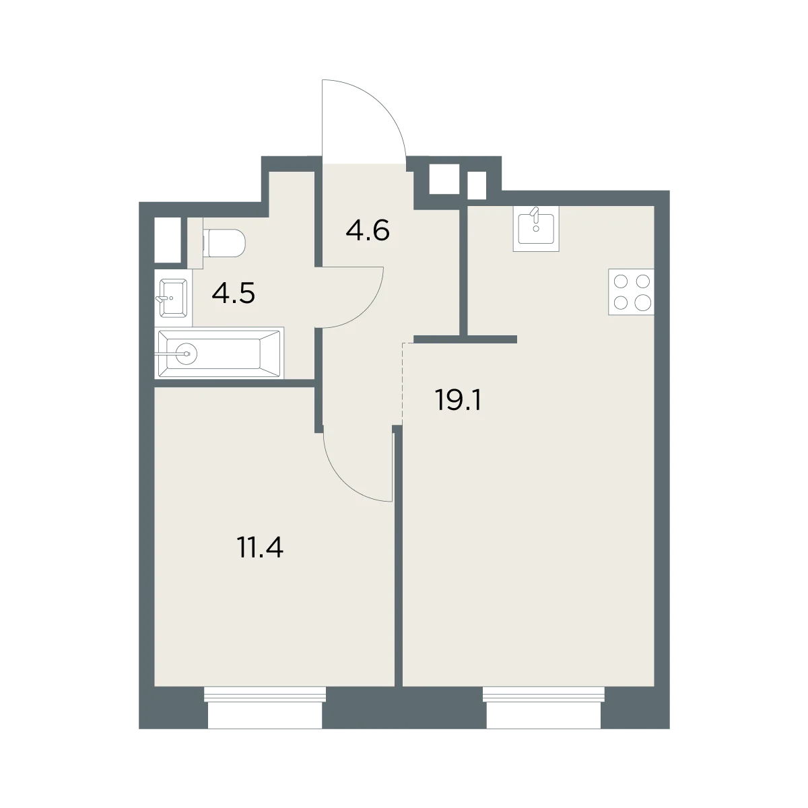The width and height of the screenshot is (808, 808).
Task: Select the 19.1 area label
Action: pos(459,401)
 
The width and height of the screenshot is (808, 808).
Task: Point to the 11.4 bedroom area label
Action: pos(261,547)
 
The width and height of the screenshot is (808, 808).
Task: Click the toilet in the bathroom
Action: pos(223,243)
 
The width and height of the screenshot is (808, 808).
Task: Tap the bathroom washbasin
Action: pos(173,298)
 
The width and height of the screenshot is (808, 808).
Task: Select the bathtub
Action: pos(219,353)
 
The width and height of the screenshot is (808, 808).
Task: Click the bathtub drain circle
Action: pos(186,353)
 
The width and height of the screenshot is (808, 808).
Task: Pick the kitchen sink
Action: pos(536,228)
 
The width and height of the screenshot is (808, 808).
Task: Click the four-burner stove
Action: pos(631,292)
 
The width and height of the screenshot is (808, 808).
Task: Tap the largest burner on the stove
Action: pos(642,303)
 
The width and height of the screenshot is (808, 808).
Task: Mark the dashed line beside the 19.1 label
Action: pos(402,384)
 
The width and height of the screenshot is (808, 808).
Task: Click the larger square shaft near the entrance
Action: pos(444,179)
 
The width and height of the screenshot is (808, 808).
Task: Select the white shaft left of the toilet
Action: pos(167,240)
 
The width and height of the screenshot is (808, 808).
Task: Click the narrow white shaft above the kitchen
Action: pos(477,185)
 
